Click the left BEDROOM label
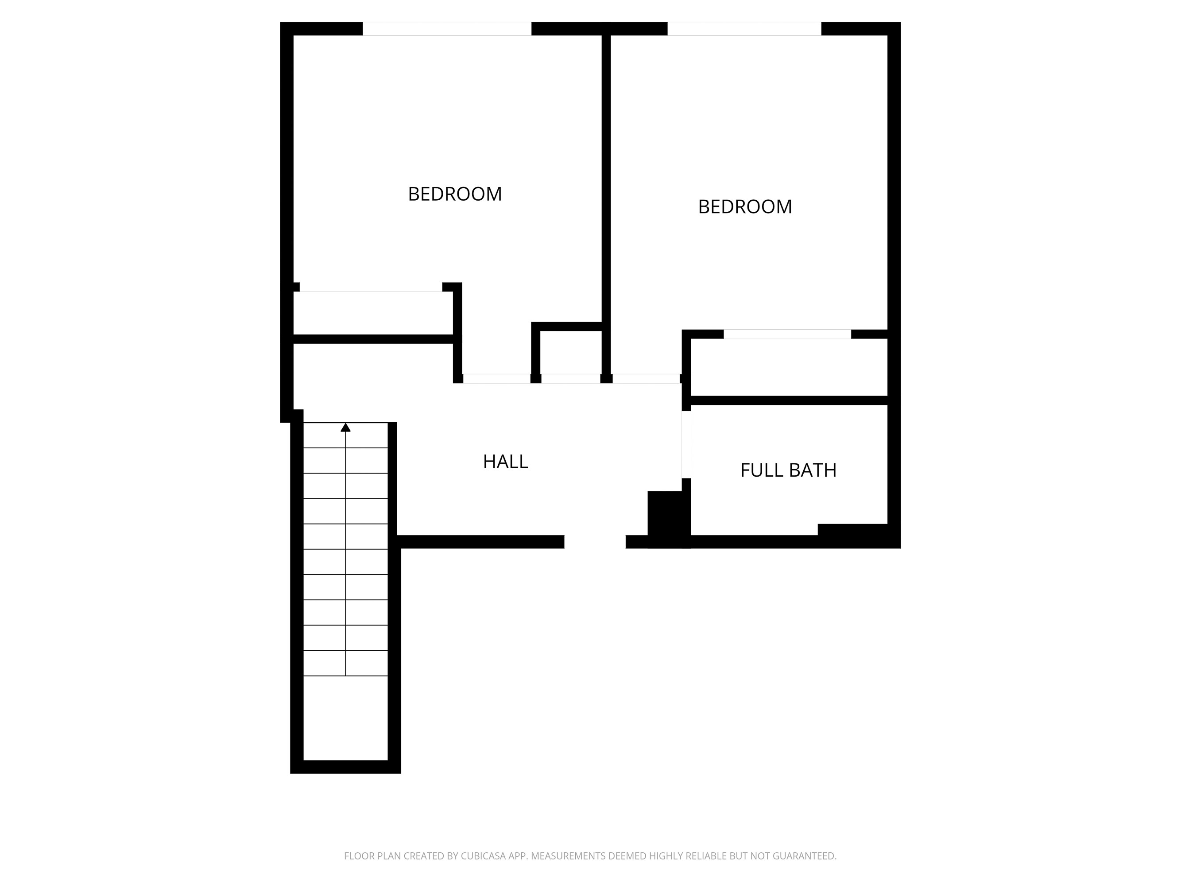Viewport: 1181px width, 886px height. click(455, 194)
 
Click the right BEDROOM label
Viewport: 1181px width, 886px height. click(745, 207)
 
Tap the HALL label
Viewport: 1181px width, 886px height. click(505, 462)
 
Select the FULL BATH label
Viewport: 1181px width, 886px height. click(788, 470)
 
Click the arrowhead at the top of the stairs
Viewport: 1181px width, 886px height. click(345, 427)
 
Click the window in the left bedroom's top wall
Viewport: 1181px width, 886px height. click(447, 29)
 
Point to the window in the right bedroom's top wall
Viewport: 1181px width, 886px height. click(744, 29)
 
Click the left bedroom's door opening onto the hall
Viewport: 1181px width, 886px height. click(496, 379)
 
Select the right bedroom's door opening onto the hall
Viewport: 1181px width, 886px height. click(646, 379)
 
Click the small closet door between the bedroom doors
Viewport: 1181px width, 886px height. click(571, 379)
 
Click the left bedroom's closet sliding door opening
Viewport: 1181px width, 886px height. click(371, 288)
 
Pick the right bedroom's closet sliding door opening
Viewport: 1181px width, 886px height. click(787, 334)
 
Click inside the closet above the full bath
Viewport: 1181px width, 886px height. click(789, 367)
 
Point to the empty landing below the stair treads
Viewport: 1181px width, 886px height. click(345, 718)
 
